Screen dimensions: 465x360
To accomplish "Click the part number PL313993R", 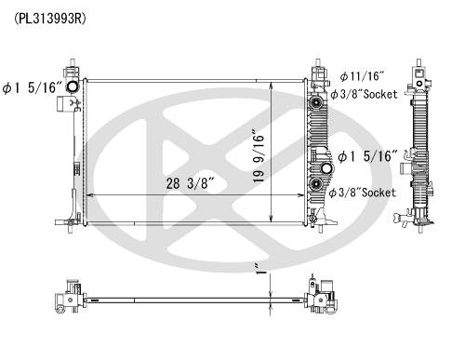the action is coord(50,19).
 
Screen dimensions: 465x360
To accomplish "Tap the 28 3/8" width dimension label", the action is coord(191,183).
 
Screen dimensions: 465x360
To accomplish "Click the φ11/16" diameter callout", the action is coord(362,76).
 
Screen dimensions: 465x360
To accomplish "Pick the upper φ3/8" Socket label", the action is coord(364,94).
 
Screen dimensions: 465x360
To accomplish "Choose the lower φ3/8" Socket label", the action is coord(363,193).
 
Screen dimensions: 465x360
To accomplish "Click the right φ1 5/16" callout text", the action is coord(367,156).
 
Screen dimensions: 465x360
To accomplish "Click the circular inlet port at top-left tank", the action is coord(73,87).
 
